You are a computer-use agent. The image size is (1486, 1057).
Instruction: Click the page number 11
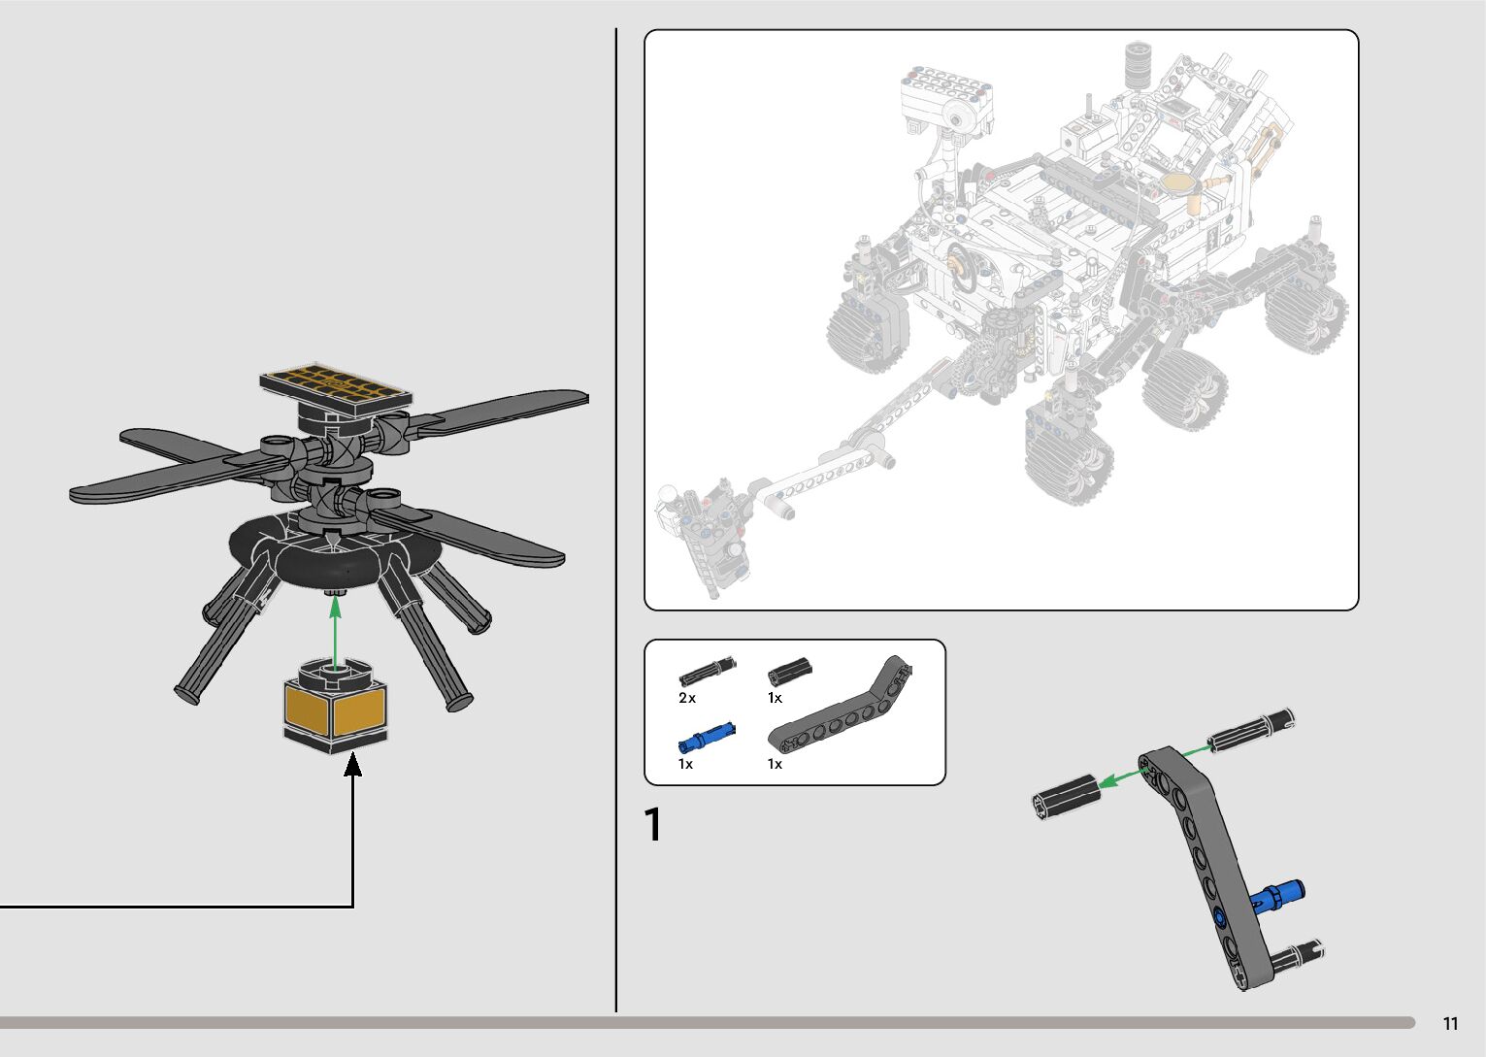coord(1451,1024)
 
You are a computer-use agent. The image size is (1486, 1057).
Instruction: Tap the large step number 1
coord(653,825)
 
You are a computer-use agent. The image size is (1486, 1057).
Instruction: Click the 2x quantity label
coord(687,698)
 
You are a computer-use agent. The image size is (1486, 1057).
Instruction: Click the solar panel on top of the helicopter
coord(335,389)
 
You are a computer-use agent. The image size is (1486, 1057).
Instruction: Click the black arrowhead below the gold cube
coord(353,765)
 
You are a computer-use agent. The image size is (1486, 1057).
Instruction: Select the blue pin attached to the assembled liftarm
coord(1276,895)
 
